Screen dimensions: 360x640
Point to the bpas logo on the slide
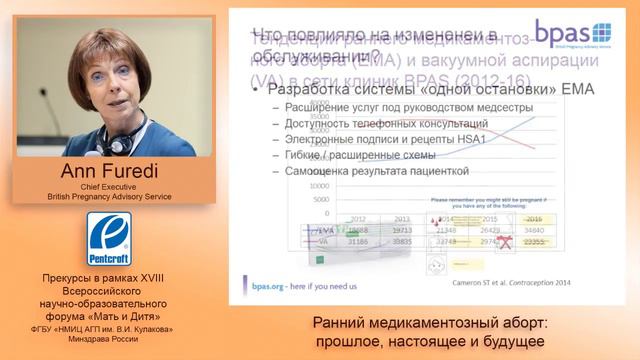coord(571,36)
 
